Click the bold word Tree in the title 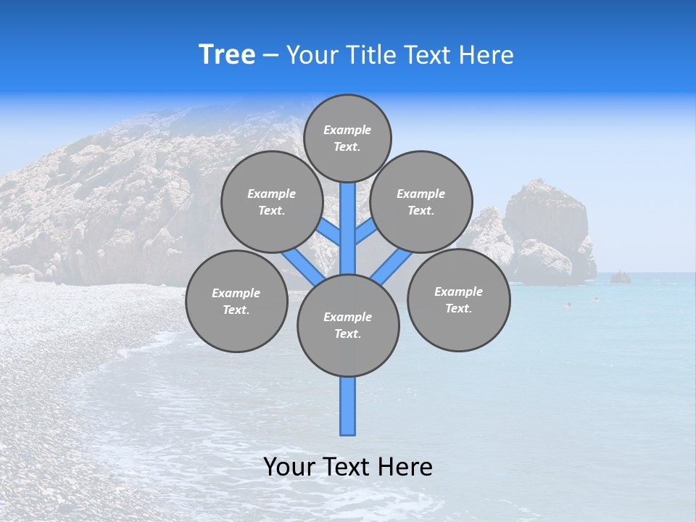(x=227, y=54)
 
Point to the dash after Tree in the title (x=270, y=55)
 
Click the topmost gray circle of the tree (x=347, y=138)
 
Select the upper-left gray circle (x=272, y=202)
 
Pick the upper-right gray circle (x=421, y=202)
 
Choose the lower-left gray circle (x=236, y=301)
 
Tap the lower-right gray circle (x=458, y=299)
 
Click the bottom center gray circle (x=348, y=326)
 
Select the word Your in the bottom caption (x=289, y=467)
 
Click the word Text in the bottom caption (x=347, y=467)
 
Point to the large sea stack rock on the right (x=547, y=232)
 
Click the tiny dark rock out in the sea (x=620, y=277)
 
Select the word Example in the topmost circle (x=347, y=130)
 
